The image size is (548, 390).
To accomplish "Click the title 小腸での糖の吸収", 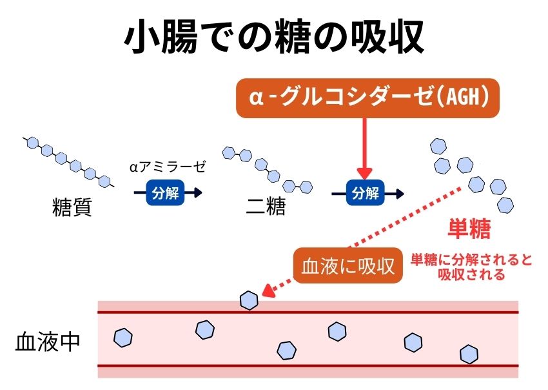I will pos(274,37).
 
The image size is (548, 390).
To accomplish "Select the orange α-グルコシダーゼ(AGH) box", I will pos(367,98).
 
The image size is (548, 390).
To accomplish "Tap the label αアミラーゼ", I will pos(167,167).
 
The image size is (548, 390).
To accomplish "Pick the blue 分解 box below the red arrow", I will pos(364,193).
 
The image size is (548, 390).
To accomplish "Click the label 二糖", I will pos(266,208).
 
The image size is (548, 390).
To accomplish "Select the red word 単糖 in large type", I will pos(469,229).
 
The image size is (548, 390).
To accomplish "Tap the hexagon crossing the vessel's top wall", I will pos(249,300).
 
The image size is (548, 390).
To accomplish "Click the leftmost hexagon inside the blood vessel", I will pos(122,337).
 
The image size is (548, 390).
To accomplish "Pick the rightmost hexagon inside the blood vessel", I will pos(469,354).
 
